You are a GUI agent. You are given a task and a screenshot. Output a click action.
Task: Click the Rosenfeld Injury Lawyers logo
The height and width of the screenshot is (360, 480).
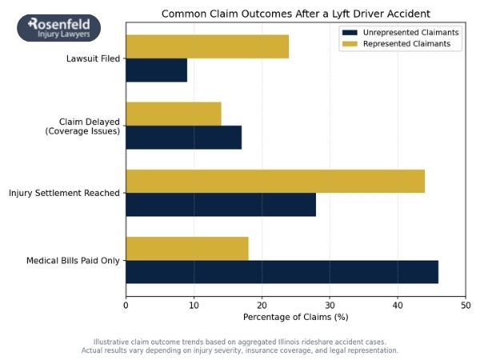[59, 28]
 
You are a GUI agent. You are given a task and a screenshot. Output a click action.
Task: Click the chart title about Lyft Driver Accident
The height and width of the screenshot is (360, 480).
[295, 14]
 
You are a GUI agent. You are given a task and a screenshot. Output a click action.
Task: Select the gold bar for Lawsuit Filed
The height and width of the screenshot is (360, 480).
[207, 47]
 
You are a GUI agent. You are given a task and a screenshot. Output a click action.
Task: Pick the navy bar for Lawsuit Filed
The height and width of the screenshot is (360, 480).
[156, 70]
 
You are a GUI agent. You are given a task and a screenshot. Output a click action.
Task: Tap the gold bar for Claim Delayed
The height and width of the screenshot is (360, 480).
[174, 114]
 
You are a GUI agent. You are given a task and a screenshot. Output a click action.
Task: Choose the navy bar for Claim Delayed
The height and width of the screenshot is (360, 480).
[183, 138]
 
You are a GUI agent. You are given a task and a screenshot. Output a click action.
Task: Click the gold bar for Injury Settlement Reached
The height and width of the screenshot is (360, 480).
[275, 182]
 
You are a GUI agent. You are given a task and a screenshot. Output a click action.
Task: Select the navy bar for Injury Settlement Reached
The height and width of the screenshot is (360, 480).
[221, 205]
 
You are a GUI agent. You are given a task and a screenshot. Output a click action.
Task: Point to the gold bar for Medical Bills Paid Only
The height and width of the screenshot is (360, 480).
[187, 249]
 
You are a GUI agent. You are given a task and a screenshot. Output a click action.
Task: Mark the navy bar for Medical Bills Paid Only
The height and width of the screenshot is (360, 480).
[282, 272]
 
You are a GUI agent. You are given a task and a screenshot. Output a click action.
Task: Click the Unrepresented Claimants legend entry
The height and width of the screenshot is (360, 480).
[400, 32]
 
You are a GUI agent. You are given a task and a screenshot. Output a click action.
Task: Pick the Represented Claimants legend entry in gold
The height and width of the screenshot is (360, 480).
[400, 45]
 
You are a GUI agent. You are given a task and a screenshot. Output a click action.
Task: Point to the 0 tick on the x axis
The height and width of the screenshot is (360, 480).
[126, 305]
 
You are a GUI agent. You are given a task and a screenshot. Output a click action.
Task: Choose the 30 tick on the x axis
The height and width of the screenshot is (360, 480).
[330, 305]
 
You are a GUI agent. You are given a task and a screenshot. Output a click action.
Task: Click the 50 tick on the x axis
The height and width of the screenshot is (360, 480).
[466, 305]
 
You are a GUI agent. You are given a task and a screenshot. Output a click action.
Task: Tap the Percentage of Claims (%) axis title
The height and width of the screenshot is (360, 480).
[295, 318]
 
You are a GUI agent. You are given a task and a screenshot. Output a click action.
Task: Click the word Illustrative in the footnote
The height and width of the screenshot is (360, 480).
[112, 342]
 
